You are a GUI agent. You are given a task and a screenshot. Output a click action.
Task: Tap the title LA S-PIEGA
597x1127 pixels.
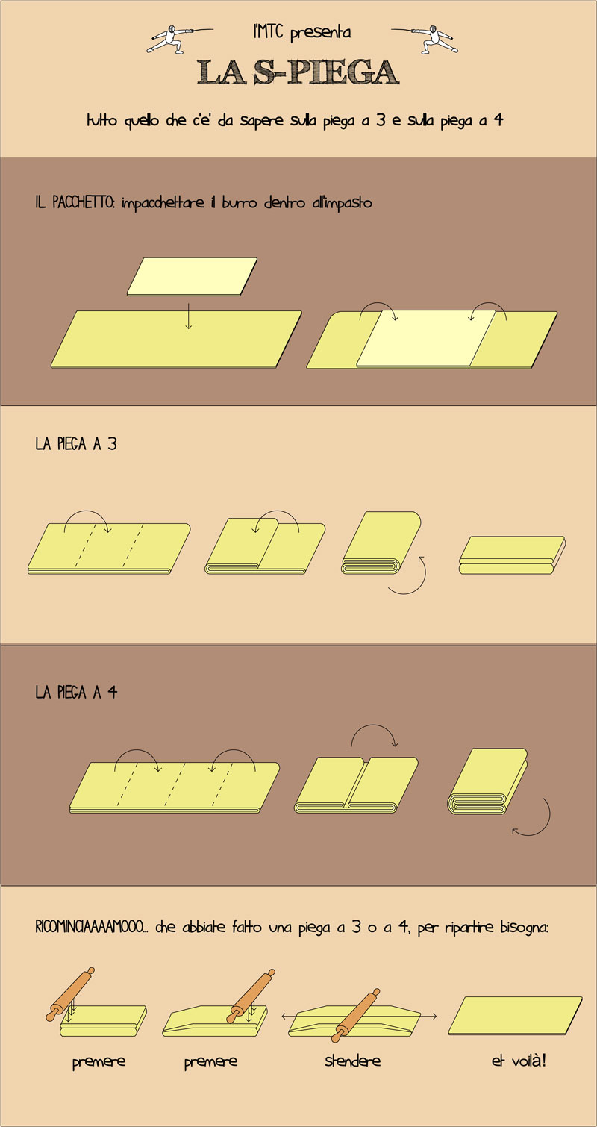[x=298, y=72]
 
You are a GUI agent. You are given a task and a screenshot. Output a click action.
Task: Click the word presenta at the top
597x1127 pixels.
[x=320, y=33]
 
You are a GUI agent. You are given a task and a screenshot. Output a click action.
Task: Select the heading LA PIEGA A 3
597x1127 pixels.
[x=76, y=444]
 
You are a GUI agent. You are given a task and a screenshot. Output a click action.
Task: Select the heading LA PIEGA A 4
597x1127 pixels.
[x=76, y=693]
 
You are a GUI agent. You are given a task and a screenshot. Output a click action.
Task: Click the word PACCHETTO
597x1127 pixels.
[x=84, y=202]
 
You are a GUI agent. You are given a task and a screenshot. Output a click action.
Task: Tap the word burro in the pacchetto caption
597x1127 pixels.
[x=240, y=203]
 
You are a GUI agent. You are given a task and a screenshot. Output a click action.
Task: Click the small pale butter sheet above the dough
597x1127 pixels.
[x=192, y=277]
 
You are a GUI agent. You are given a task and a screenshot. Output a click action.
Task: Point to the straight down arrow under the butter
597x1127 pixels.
[x=189, y=316]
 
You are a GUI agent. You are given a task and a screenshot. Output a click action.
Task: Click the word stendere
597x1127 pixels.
[x=352, y=1061]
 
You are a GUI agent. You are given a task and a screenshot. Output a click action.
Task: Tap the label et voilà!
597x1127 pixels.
[x=519, y=1061]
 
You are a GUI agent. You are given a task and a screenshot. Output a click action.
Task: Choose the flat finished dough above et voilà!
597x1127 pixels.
[x=515, y=1015]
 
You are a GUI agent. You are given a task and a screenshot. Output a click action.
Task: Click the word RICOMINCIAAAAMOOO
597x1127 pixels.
[x=89, y=927]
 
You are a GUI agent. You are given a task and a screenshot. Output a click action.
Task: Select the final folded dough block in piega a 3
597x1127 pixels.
[x=512, y=555]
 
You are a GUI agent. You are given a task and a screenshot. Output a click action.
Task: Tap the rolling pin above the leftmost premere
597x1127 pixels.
[x=70, y=994]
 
